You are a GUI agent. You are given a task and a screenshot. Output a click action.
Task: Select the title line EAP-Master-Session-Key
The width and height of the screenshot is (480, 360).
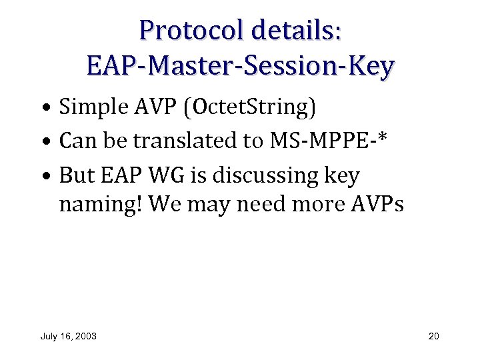click(240, 66)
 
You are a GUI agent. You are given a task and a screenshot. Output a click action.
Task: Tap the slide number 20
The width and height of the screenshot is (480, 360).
click(433, 336)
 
